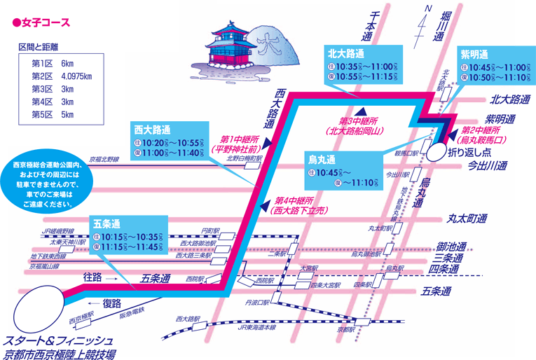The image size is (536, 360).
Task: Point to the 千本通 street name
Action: [x=368, y=28]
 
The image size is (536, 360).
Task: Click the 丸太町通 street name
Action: [x=466, y=219]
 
